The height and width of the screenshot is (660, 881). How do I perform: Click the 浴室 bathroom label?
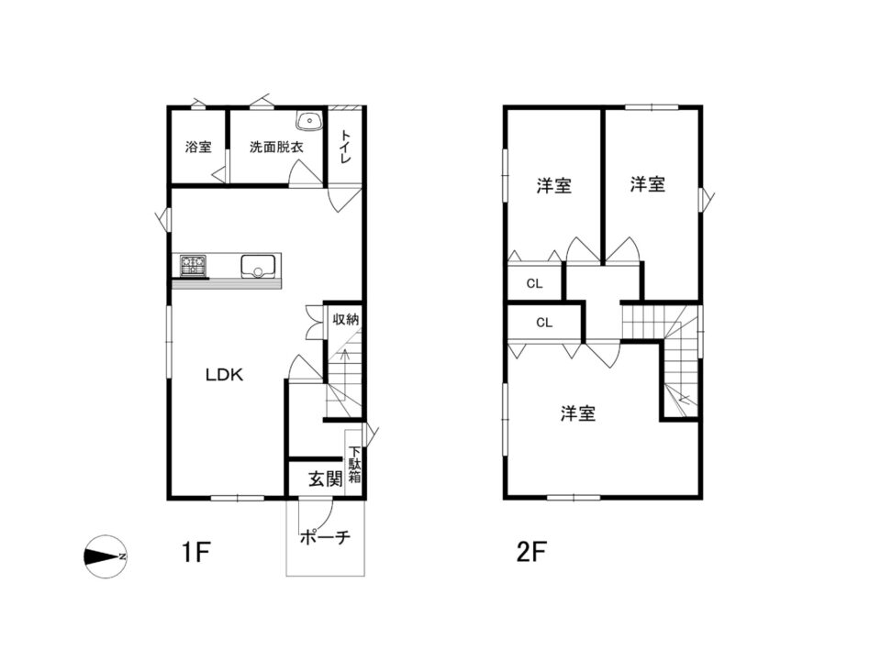click(198, 147)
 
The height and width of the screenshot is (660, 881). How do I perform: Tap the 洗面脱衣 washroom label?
click(276, 147)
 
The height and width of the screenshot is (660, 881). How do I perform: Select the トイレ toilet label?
click(346, 147)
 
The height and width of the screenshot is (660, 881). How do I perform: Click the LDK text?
click(224, 374)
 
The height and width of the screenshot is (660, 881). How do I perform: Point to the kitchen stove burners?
click(194, 264)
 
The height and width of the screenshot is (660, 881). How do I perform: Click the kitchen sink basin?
click(258, 266)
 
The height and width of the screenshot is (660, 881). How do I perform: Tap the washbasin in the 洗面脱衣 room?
click(309, 121)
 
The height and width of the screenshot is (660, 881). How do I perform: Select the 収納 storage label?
click(346, 319)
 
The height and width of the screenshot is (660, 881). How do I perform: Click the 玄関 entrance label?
click(325, 479)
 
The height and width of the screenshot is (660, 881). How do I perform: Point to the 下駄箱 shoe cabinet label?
click(354, 465)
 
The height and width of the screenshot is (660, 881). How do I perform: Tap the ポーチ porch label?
click(325, 537)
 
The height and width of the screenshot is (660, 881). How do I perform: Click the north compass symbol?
click(106, 556)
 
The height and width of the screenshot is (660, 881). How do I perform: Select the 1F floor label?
click(195, 553)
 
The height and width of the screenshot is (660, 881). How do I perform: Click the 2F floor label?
click(531, 553)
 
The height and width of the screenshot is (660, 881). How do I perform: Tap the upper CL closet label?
click(535, 284)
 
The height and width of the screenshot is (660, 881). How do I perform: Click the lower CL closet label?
click(544, 323)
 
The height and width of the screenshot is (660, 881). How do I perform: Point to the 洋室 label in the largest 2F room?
click(578, 413)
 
